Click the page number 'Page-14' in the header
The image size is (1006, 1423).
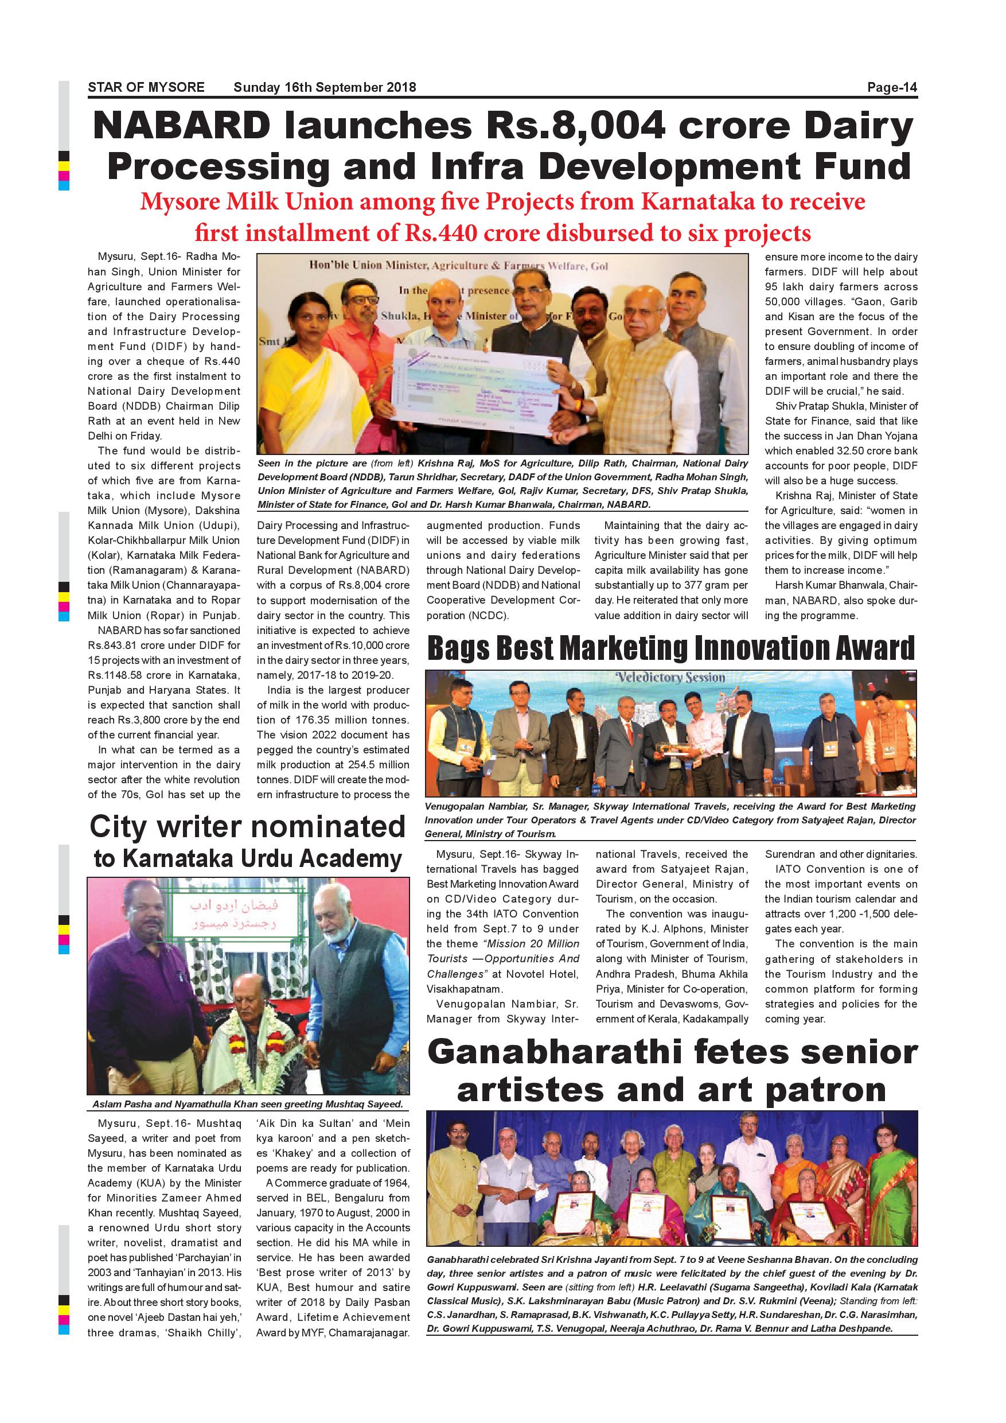point(891,87)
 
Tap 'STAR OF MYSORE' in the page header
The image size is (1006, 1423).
point(146,87)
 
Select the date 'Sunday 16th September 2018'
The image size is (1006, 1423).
point(325,87)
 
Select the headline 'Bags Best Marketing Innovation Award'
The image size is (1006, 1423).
point(670,648)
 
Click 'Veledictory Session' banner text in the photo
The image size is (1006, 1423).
point(670,678)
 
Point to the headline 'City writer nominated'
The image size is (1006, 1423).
point(247,827)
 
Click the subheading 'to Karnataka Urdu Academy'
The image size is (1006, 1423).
point(247,859)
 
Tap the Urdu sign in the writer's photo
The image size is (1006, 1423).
point(235,915)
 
